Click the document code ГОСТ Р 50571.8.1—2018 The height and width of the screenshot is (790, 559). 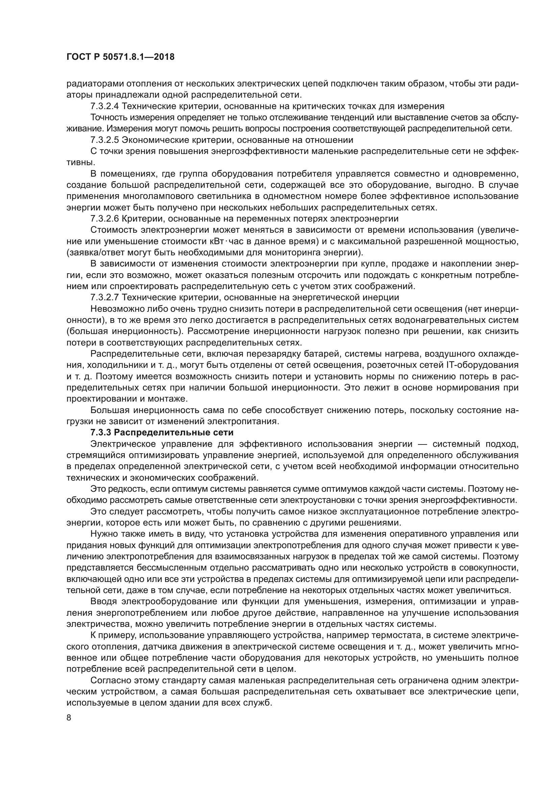[x=120, y=57]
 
